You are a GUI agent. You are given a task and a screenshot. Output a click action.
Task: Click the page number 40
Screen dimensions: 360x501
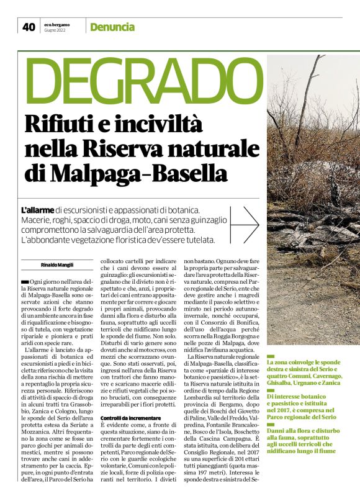pyautogui.click(x=29, y=27)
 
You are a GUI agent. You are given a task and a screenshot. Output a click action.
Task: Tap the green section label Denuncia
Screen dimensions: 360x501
pyautogui.click(x=112, y=27)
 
